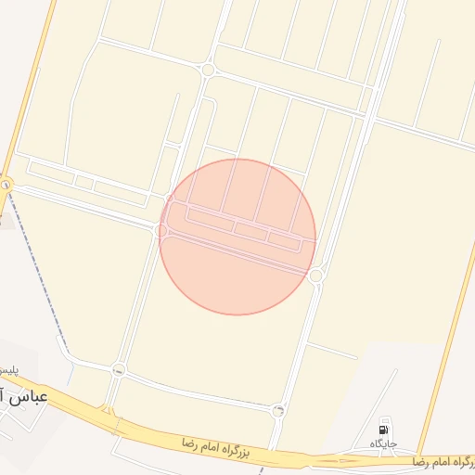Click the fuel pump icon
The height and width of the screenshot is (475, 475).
tap(384, 429)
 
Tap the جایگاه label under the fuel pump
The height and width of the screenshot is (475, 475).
tap(384, 444)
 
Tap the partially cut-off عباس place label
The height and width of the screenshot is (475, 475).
tap(28, 398)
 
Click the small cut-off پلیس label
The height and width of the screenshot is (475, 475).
tap(7, 370)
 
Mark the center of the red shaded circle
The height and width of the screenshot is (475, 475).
tap(237, 237)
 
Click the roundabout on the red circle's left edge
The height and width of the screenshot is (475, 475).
tap(162, 229)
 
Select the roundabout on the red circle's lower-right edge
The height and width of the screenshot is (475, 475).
tap(315, 276)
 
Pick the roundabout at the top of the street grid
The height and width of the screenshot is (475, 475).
tap(209, 70)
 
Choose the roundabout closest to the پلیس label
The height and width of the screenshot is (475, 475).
tap(118, 370)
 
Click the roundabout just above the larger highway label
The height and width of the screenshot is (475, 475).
tap(278, 410)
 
